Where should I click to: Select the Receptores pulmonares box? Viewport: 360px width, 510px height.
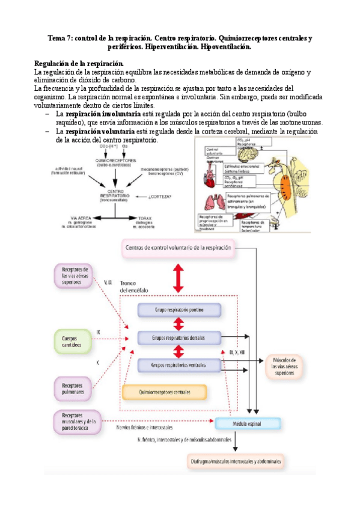72,389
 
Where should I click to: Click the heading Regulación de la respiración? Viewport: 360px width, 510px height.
79,63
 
